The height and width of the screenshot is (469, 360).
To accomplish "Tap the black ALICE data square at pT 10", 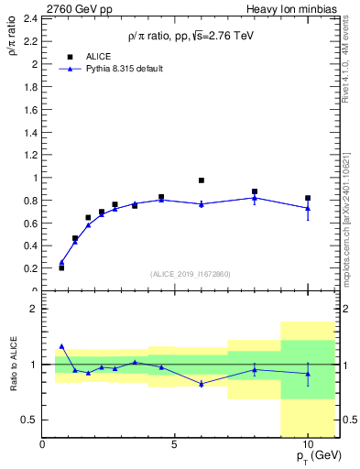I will [x=308, y=198].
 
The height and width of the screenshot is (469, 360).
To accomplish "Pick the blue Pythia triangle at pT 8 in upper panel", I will [x=255, y=197].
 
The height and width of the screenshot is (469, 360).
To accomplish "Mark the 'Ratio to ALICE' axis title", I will [x=12, y=364].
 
